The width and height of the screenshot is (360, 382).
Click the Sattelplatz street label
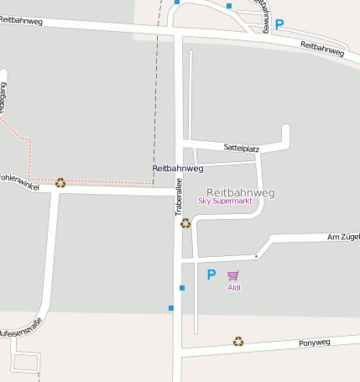pos(242,148)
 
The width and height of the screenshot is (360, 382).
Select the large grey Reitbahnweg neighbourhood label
pos(240,192)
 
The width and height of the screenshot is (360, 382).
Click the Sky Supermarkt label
pos(225,201)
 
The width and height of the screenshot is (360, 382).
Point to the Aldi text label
pos(234,288)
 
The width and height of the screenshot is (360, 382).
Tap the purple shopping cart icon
pos(233,275)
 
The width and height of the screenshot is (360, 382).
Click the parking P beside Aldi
pos(211,275)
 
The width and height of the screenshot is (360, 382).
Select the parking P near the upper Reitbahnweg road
pos(279,25)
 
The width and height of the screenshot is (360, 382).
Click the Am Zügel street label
pos(342,238)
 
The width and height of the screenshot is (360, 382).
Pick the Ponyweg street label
pos(315,343)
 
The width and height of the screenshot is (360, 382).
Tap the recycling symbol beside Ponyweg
pos(238,342)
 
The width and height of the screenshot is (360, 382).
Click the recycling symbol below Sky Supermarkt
pos(185,223)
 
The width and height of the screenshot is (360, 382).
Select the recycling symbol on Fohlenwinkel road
pos(60,182)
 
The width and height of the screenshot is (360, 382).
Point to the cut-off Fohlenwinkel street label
pos(19,179)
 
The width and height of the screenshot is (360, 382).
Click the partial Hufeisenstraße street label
pos(20,332)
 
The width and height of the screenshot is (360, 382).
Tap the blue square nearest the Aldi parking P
pos(182,288)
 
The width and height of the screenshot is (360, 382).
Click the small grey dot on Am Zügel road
pos(256,256)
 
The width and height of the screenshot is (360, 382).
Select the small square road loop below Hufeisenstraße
pos(26,363)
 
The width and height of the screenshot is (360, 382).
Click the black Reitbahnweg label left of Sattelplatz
pos(178,169)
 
